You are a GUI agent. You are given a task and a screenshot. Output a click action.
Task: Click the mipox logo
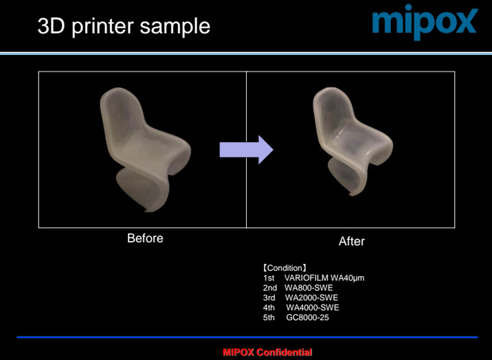point(425,21)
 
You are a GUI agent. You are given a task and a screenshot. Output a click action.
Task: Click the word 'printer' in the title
point(102,27)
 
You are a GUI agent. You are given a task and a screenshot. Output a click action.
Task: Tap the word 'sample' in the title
point(175,27)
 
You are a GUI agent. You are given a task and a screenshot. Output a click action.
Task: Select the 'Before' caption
point(145,238)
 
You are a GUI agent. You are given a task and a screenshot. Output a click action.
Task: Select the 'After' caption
point(351,241)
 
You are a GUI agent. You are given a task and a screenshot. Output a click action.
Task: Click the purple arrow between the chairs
point(246,150)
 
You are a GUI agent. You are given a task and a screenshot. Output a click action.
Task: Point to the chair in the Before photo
point(145,149)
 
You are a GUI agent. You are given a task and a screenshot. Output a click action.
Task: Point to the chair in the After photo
point(353,141)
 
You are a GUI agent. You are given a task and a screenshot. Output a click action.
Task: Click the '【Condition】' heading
point(284,268)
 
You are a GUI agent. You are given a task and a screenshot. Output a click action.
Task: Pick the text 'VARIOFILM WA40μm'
point(324,278)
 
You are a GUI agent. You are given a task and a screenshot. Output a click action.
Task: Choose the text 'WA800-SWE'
point(309,288)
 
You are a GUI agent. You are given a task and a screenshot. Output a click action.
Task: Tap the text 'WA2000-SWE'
point(311,297)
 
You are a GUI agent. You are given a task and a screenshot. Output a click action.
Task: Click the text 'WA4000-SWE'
point(312,308)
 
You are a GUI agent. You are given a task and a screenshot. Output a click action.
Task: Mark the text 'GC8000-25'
point(308,317)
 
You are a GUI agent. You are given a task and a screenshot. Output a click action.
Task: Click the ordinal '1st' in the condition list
point(269,278)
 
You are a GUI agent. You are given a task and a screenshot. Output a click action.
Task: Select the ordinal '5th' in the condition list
point(269,317)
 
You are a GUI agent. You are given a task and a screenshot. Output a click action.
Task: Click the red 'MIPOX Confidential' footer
point(267,352)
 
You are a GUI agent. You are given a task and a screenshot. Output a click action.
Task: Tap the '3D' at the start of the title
point(51,26)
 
